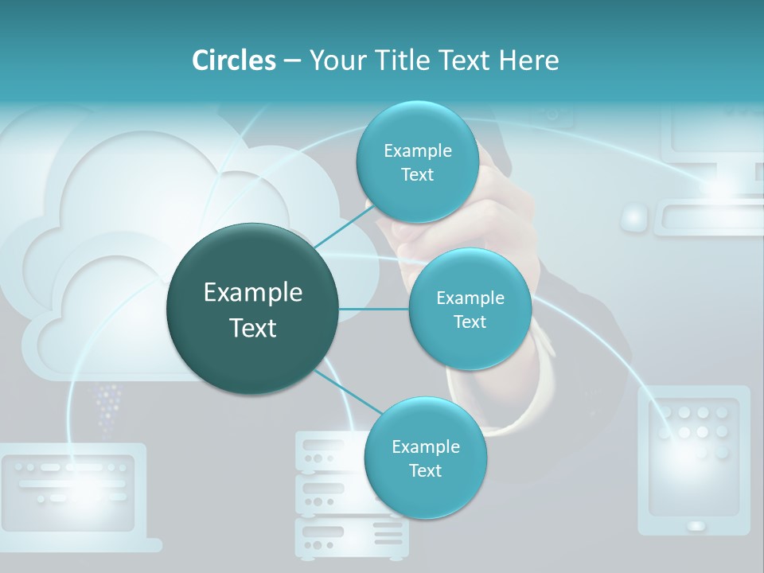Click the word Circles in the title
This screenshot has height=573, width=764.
(x=234, y=60)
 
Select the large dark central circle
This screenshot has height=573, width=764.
(x=253, y=309)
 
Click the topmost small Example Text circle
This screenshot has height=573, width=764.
(x=417, y=162)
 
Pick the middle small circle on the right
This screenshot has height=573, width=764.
(x=470, y=310)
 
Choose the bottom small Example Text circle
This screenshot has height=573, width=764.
(x=425, y=458)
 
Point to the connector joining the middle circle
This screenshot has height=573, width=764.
(x=374, y=309)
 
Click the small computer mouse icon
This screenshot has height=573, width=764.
(x=634, y=217)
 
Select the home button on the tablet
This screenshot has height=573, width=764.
(x=696, y=525)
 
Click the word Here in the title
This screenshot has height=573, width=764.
(x=528, y=60)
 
